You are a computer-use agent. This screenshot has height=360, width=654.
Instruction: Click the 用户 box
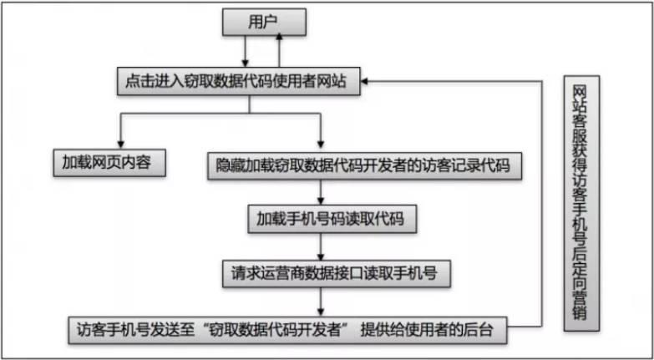pyautogui.click(x=264, y=22)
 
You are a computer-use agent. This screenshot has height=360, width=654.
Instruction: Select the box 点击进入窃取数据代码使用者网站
pyautogui.click(x=239, y=81)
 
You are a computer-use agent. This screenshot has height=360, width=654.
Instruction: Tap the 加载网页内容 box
pyautogui.click(x=109, y=163)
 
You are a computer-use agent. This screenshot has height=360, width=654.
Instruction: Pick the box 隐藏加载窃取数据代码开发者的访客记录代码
pyautogui.click(x=364, y=165)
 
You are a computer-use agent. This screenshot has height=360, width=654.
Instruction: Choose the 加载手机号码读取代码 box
pyautogui.click(x=332, y=219)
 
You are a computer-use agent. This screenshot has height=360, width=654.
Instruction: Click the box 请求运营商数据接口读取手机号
pyautogui.click(x=336, y=273)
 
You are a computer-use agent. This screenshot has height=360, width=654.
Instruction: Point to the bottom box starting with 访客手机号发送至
pyautogui.click(x=288, y=330)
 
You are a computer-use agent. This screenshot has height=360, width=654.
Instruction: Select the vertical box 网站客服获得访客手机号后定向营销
pyautogui.click(x=581, y=203)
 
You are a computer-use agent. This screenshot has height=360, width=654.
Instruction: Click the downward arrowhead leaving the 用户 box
pyautogui.click(x=246, y=63)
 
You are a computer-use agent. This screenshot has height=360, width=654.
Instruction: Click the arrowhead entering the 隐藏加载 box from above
pyautogui.click(x=321, y=144)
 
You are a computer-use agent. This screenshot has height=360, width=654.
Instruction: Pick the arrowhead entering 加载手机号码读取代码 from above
pyautogui.click(x=321, y=200)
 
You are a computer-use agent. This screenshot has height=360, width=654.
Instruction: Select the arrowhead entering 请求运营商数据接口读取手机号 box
pyautogui.click(x=321, y=255)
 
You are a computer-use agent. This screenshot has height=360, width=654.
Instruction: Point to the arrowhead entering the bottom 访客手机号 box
pyautogui.click(x=321, y=312)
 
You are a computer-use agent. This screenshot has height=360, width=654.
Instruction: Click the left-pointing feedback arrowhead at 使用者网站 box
pyautogui.click(x=365, y=81)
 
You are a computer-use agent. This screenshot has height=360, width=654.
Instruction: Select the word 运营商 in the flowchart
pyautogui.click(x=282, y=273)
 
